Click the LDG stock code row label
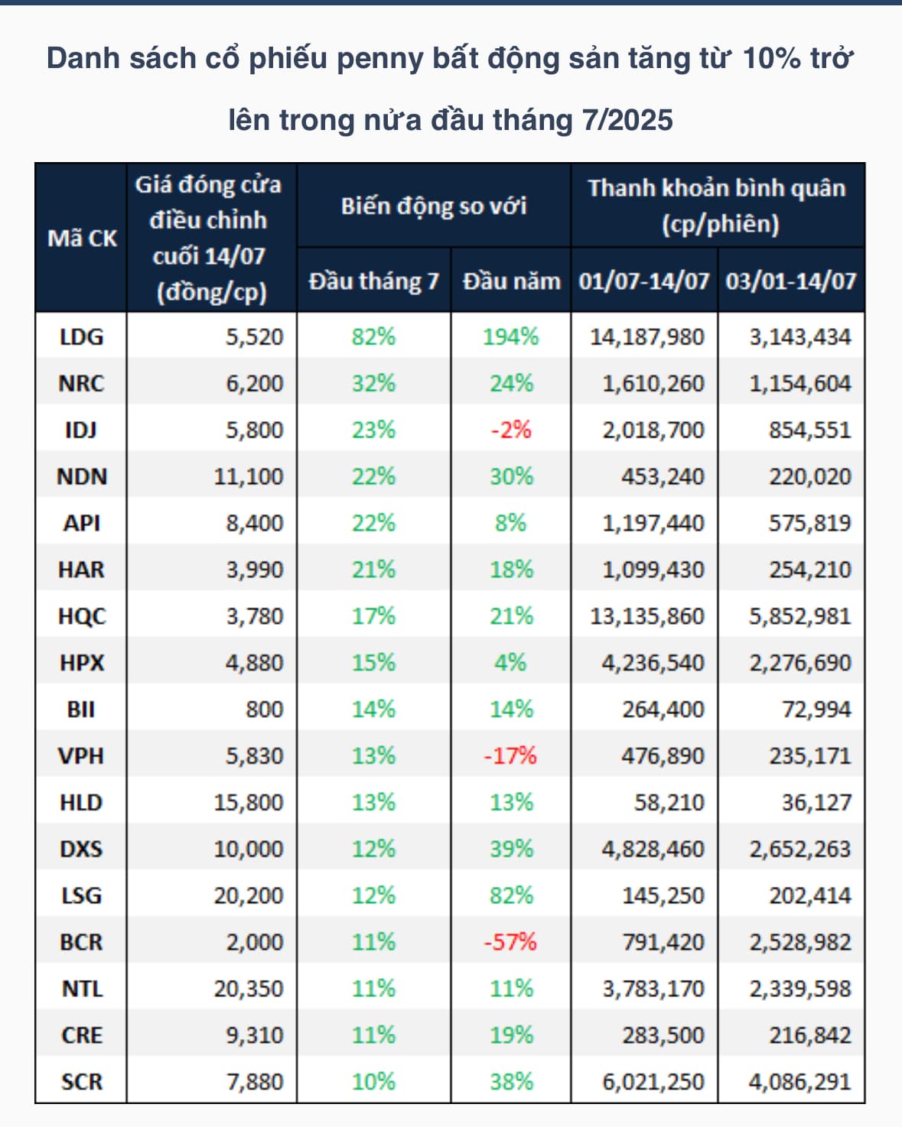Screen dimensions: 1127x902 coord(81,336)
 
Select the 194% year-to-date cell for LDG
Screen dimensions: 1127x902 coord(510,336)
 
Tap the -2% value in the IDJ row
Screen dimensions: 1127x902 coord(510,430)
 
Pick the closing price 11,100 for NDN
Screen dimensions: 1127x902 coord(248,476)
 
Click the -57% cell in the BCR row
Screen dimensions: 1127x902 coord(510,942)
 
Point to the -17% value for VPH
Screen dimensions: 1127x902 coord(510,755)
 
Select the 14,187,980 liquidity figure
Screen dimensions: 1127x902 coord(646,336)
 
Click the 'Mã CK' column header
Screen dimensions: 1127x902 coord(82,238)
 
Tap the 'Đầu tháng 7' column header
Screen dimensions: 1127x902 coord(373,281)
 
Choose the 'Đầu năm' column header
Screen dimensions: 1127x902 coord(511,281)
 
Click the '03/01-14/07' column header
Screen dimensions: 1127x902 coord(791,281)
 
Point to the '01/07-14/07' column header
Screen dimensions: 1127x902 coord(644,281)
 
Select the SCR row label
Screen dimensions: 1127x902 coord(81,1081)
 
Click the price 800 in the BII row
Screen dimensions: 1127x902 coord(264,709)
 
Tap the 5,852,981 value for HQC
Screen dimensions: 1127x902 coord(799,615)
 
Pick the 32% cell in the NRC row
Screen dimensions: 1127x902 coord(373,383)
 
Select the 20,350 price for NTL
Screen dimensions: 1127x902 coord(248,989)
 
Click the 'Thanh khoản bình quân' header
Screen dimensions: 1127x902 coord(717,188)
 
